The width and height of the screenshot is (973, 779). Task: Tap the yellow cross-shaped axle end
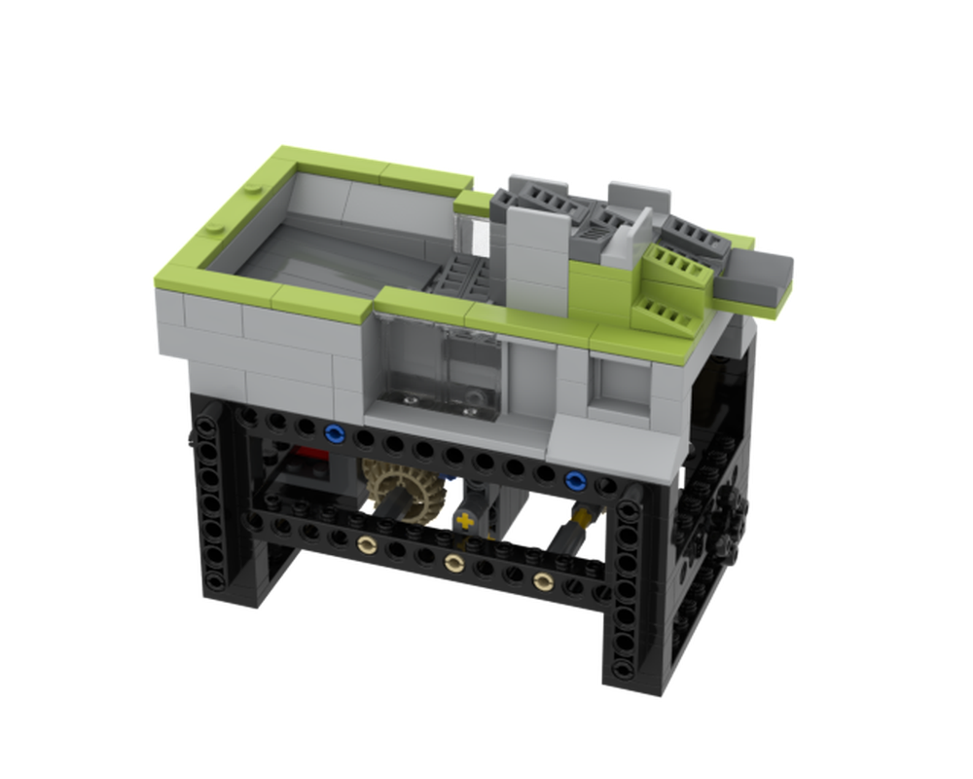click(466, 520)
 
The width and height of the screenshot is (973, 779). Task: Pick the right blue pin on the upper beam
click(575, 479)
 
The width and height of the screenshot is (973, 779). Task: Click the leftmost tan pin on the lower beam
click(367, 546)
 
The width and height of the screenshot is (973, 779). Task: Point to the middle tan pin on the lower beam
click(452, 563)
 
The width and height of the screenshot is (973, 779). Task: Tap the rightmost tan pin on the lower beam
click(542, 581)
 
